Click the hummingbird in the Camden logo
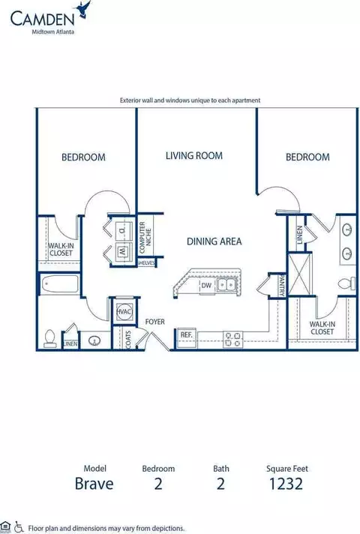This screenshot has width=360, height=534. (x=84, y=9)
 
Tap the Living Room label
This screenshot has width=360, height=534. (x=194, y=156)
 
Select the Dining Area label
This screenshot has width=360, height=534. (x=214, y=241)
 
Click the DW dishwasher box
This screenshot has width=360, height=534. (x=206, y=286)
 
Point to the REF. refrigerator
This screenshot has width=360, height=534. (x=186, y=337)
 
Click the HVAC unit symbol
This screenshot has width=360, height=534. (x=124, y=311)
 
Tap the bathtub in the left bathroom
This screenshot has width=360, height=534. (x=59, y=284)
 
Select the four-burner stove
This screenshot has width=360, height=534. (x=233, y=340)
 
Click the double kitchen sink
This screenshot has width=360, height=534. (x=226, y=284)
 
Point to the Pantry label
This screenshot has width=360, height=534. (x=282, y=286)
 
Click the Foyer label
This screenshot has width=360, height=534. (x=155, y=322)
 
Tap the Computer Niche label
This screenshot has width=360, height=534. (x=145, y=237)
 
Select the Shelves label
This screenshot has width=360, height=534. (x=146, y=263)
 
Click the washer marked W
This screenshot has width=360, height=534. (x=122, y=252)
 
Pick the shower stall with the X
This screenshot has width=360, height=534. (x=300, y=274)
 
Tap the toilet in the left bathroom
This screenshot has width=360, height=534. (x=50, y=338)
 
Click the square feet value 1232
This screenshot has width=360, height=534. (x=286, y=484)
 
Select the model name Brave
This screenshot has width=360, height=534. (x=94, y=484)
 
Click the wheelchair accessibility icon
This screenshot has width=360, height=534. (x=19, y=526)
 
